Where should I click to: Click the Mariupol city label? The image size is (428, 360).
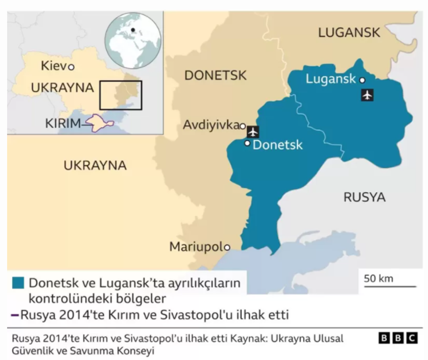[195, 246]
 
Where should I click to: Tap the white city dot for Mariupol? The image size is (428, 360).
[227, 247]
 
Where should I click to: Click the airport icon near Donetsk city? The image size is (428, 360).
[253, 132]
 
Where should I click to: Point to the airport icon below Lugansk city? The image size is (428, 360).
[366, 95]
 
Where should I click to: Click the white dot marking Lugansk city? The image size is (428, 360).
[362, 80]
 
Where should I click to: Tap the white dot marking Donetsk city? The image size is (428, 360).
[247, 144]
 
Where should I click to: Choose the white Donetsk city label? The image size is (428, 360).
[277, 145]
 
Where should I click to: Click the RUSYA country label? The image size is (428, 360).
[364, 197]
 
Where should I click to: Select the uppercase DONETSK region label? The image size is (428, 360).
[215, 76]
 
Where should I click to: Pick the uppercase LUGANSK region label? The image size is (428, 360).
[349, 33]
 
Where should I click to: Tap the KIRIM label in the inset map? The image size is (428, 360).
[63, 123]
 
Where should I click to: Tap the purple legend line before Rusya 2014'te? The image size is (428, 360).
[14, 315]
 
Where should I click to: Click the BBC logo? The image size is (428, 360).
[397, 338]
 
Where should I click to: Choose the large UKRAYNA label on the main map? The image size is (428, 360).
[95, 165]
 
